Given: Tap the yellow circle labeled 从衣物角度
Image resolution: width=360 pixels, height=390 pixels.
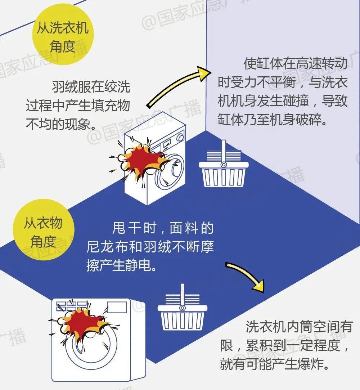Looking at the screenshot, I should [43, 230].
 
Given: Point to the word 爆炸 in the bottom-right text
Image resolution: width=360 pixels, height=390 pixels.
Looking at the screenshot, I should [306, 364].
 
